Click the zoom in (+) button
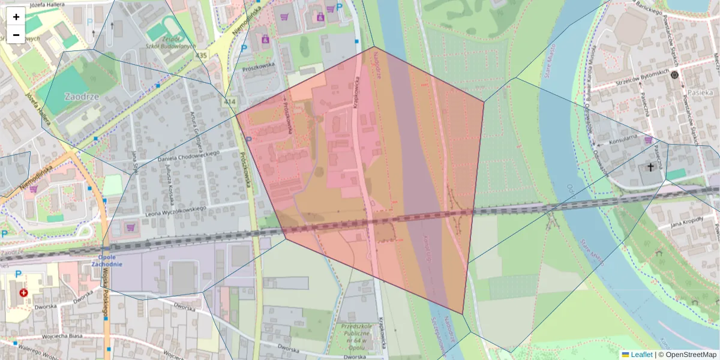click(x=16, y=17)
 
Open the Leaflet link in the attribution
click(x=641, y=355)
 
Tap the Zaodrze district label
click(x=81, y=96)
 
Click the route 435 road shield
click(x=200, y=55)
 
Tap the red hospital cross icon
click(x=23, y=293)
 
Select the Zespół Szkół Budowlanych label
click(x=163, y=42)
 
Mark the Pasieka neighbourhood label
click(x=700, y=92)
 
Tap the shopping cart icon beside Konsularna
click(x=648, y=140)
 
